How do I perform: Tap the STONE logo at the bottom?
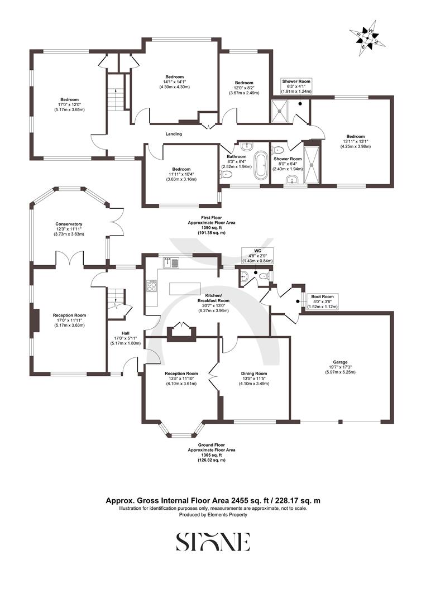tap(213, 542)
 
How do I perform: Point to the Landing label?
tap(174, 134)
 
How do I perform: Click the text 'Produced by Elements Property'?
tap(213, 515)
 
